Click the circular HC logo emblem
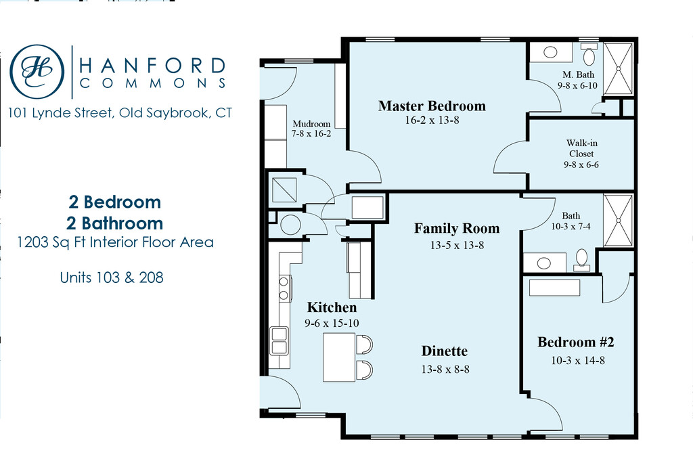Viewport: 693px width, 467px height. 37,72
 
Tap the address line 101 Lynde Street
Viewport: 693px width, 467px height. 120,113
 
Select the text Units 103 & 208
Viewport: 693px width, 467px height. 112,277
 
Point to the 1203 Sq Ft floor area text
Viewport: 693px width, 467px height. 115,242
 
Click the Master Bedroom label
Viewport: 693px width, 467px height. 432,106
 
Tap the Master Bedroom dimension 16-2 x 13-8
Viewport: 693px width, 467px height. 432,120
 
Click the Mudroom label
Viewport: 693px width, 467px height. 311,124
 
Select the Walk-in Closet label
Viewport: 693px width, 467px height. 581,148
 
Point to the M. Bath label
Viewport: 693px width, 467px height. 578,74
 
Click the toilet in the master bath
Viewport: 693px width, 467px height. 589,54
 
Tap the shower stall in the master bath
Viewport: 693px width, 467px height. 619,68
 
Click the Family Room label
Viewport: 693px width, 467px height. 457,228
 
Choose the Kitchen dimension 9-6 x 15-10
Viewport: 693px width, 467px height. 332,324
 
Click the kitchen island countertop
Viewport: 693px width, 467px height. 339,357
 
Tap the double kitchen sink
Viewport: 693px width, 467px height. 279,340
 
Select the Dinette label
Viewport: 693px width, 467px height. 444,351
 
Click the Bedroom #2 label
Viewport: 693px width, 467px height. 576,342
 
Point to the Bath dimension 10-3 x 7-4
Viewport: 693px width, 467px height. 571,227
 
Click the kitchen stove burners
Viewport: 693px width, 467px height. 284,288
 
